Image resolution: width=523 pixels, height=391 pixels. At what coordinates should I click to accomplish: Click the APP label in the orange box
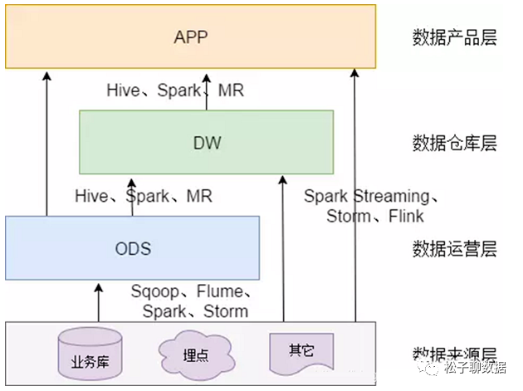(x=192, y=37)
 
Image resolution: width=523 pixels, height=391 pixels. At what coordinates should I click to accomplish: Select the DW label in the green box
(x=206, y=143)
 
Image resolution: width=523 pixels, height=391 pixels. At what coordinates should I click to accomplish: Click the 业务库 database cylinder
(x=90, y=354)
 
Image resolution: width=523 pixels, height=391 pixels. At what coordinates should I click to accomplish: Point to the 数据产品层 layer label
(x=454, y=37)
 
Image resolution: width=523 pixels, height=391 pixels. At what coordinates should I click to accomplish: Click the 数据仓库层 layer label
(x=454, y=143)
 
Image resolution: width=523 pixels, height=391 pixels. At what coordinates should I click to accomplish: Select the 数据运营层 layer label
(x=454, y=247)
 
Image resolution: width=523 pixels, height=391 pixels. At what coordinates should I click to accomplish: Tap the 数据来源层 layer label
(x=454, y=352)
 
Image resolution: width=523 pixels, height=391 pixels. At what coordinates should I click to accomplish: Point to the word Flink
(x=403, y=217)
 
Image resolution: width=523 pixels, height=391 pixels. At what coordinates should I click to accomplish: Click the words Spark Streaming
(x=366, y=197)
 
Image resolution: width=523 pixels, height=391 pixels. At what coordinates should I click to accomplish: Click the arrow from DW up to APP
(x=206, y=90)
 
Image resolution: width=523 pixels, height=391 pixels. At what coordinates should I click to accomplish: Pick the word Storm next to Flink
(x=349, y=217)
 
